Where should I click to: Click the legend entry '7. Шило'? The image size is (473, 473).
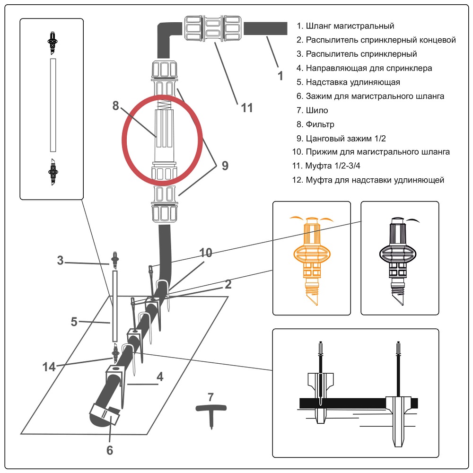[317, 110]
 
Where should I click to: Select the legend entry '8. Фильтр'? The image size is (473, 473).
[320, 124]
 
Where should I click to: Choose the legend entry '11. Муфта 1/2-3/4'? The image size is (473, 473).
[331, 166]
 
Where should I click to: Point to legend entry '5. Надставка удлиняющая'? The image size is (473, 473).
[348, 82]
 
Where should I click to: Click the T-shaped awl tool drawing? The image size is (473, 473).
[211, 414]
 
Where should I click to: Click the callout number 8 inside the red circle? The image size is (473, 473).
[116, 106]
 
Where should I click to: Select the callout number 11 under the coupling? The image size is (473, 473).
[247, 108]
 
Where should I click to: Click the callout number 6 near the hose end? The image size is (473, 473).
[110, 450]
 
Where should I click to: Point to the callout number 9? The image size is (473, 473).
[225, 166]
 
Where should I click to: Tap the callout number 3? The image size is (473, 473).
[60, 260]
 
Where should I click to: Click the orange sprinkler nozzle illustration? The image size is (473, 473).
[312, 257]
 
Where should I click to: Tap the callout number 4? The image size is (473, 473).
[160, 377]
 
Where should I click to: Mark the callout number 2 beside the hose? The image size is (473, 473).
[228, 284]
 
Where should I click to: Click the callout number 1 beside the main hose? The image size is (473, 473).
[280, 75]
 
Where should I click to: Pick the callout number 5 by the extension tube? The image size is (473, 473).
[74, 322]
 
